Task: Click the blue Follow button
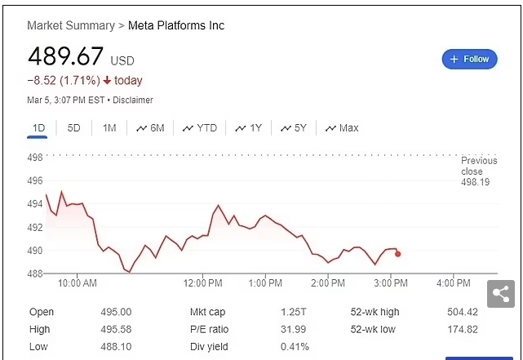point(469,59)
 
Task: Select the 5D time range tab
point(73,128)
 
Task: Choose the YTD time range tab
point(200,128)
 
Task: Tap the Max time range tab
point(342,128)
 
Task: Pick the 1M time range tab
point(109,128)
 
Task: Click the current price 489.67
point(65,57)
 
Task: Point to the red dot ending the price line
point(397,254)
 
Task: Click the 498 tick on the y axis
point(36,158)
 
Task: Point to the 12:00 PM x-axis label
point(202,283)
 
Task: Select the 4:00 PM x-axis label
point(454,283)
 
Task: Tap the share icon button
point(500,294)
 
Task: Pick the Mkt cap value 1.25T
point(291,313)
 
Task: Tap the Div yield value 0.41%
point(294,347)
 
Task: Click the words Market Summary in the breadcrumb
point(71,25)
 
